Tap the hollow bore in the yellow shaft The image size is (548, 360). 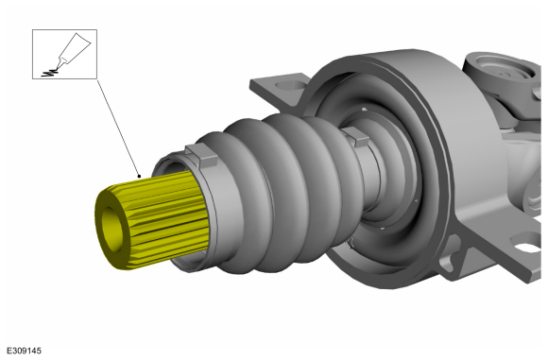[x=111, y=230]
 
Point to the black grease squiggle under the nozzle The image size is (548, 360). [x=49, y=73]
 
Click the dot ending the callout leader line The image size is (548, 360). [x=139, y=176]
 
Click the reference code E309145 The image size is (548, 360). [x=25, y=351]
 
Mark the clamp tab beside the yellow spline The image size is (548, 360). [x=202, y=156]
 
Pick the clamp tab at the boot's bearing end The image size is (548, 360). [x=356, y=137]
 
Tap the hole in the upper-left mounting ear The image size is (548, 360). [x=288, y=85]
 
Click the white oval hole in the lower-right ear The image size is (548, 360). [x=527, y=247]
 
